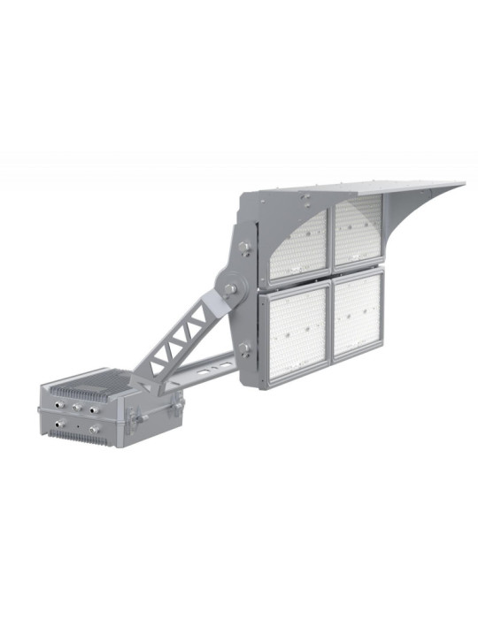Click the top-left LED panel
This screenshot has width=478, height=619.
298,241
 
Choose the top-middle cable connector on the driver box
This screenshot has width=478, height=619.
77,408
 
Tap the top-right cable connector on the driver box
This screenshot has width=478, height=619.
96,409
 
